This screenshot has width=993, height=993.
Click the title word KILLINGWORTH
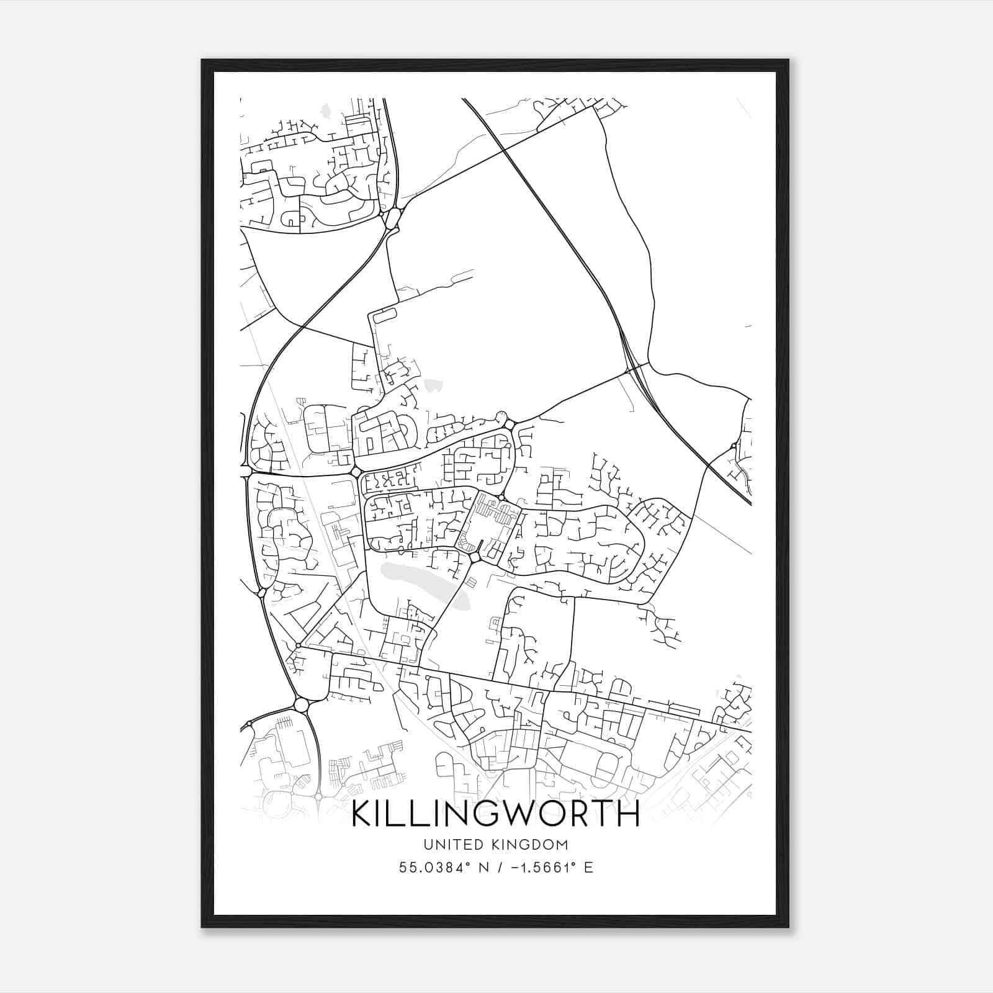[x=495, y=815]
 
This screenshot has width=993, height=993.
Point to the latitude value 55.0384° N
[x=438, y=868]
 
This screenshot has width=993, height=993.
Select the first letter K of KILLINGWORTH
[x=362, y=815]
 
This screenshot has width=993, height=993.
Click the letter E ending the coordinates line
[x=589, y=868]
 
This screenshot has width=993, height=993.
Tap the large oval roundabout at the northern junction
[x=392, y=218]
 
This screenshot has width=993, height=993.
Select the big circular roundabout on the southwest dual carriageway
[x=301, y=705]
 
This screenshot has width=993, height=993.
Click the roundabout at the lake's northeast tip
[x=475, y=559]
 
